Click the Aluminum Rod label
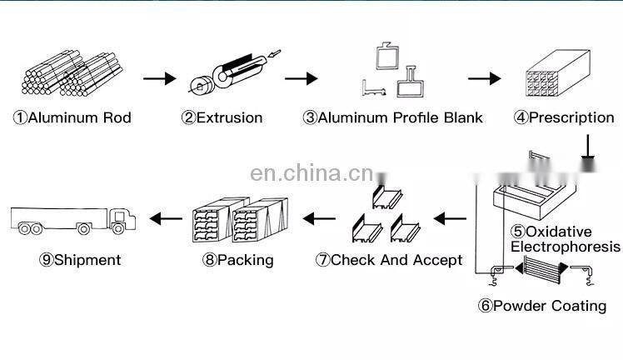(72, 117)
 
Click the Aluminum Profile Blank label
(392, 117)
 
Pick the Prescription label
(564, 117)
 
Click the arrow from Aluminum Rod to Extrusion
(159, 79)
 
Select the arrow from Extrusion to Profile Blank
(301, 79)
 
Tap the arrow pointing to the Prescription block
(484, 79)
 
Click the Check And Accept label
(388, 260)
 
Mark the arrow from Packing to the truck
(166, 219)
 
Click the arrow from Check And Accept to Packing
(318, 219)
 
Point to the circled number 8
(209, 260)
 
